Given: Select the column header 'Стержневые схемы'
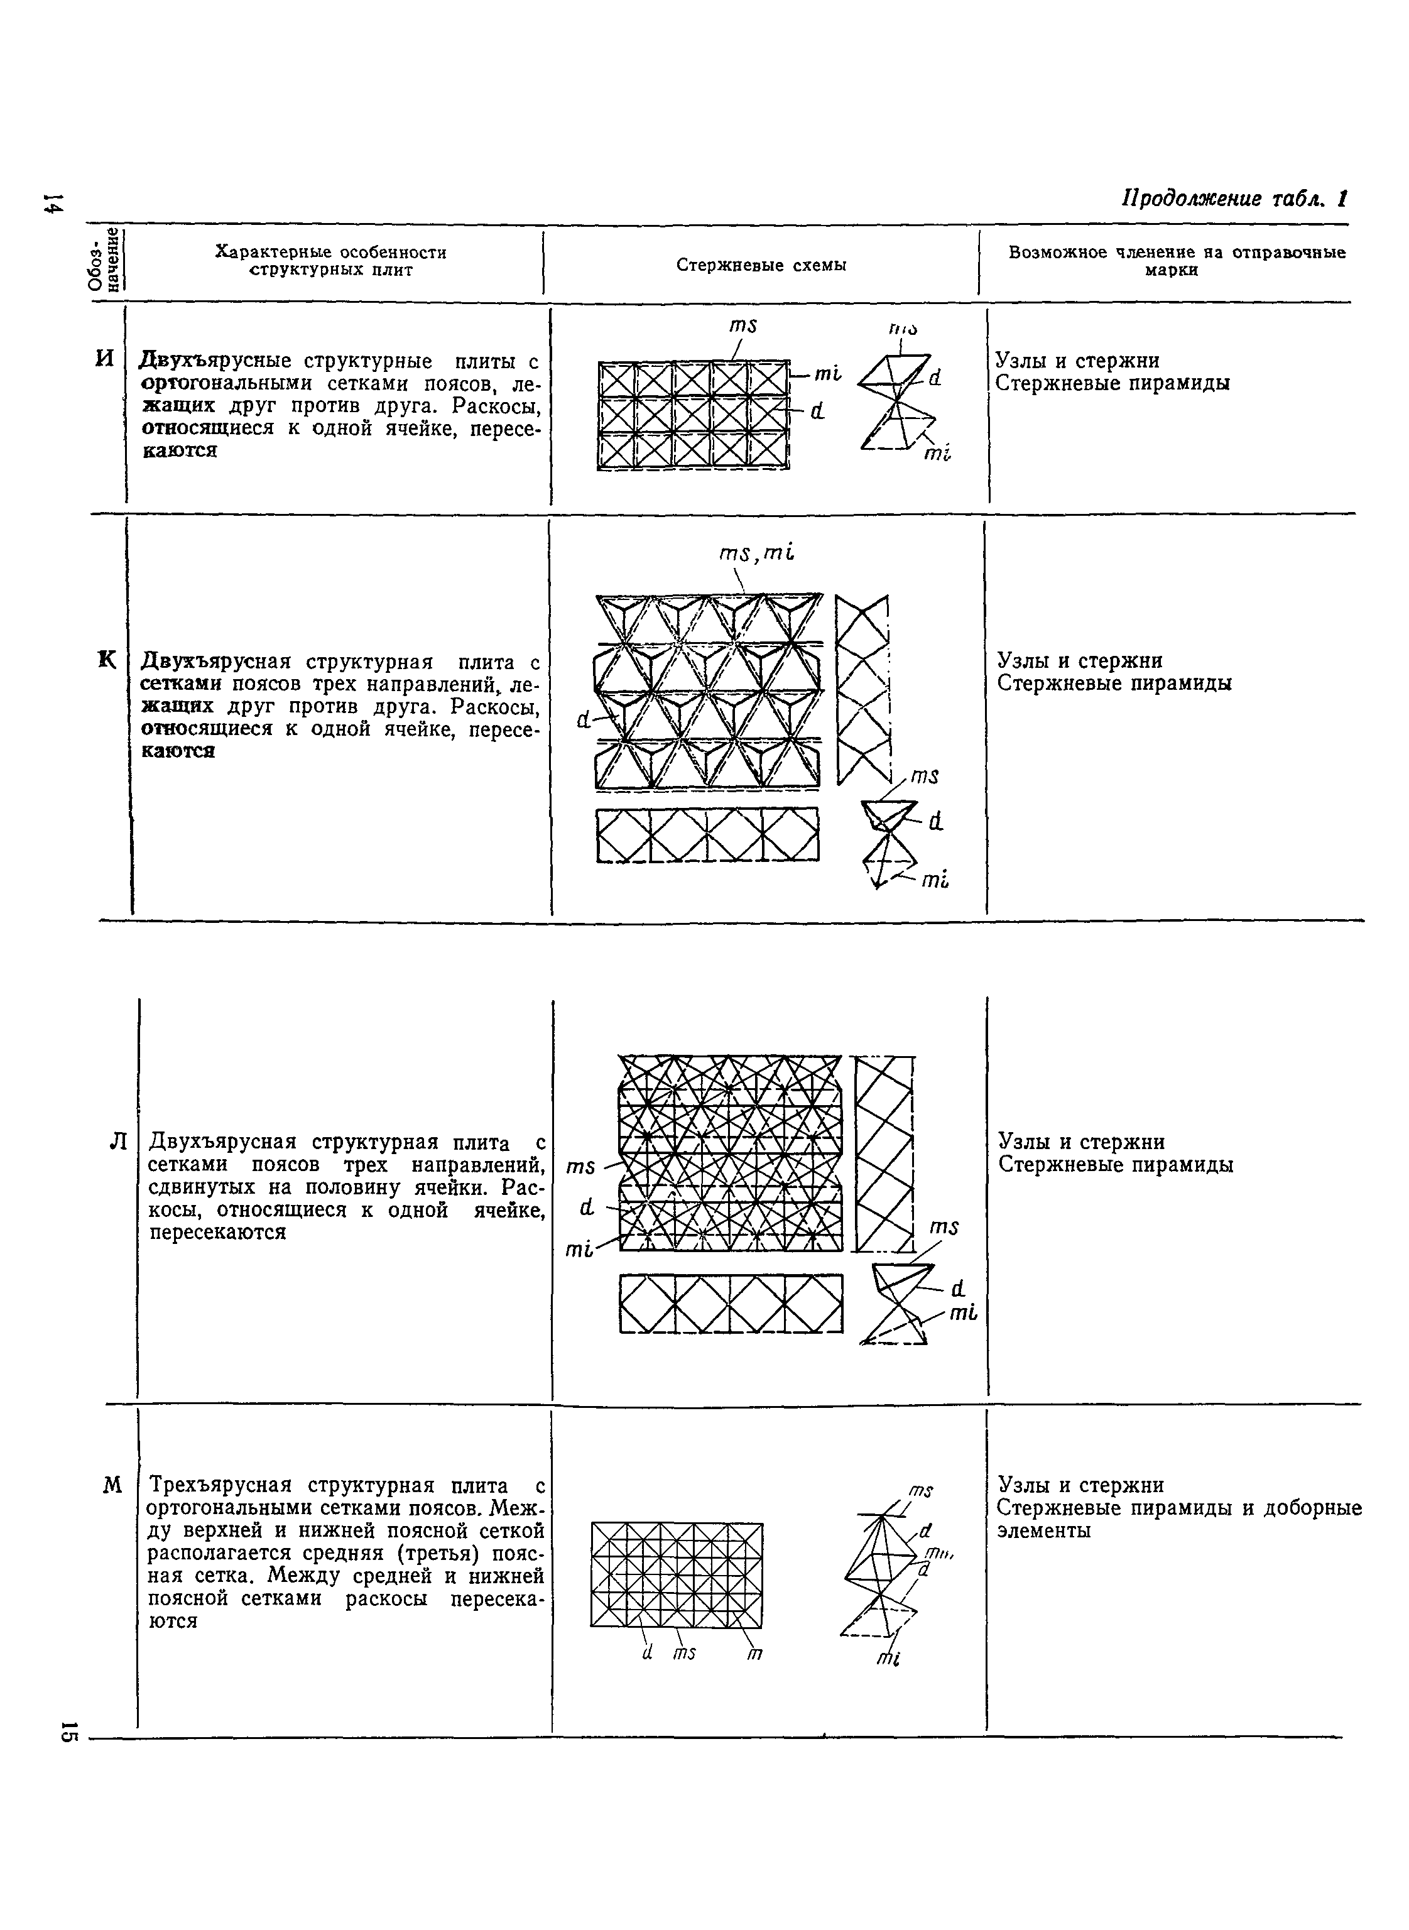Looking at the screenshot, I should point(761,265).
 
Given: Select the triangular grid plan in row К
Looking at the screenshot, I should point(708,691).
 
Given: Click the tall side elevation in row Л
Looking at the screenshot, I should point(884,1153).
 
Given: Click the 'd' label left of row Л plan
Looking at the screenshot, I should point(586,1208).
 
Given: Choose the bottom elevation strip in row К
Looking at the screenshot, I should point(707,835).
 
